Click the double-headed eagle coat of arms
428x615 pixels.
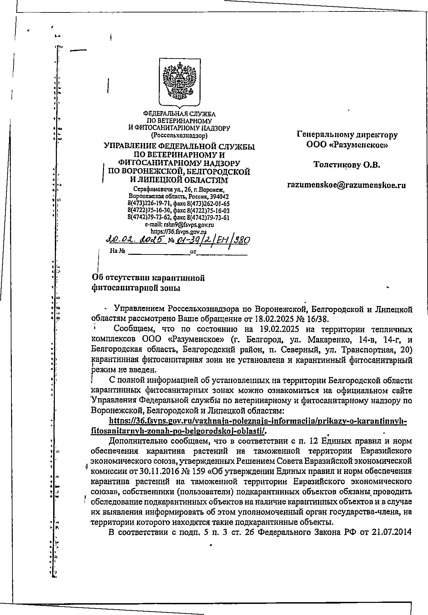(x=179, y=82)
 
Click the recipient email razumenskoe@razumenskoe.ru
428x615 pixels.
(x=346, y=185)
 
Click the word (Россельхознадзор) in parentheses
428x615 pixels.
(x=179, y=135)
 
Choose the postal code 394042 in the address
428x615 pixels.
(x=219, y=196)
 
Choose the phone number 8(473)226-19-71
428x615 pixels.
(x=149, y=203)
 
